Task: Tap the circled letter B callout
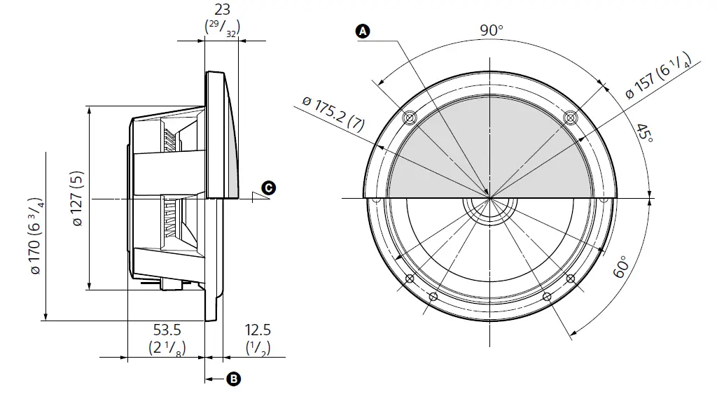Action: click(x=235, y=379)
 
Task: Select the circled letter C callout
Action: click(x=268, y=188)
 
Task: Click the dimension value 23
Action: click(x=221, y=10)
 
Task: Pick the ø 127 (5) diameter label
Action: click(x=77, y=199)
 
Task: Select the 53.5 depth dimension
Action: click(x=167, y=330)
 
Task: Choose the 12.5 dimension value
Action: click(x=257, y=330)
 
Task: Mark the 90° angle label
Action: click(x=492, y=30)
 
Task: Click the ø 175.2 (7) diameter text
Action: click(x=333, y=115)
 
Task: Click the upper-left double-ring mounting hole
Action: click(x=410, y=117)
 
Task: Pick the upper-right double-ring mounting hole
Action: click(x=571, y=117)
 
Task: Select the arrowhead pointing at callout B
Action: click(x=209, y=379)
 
